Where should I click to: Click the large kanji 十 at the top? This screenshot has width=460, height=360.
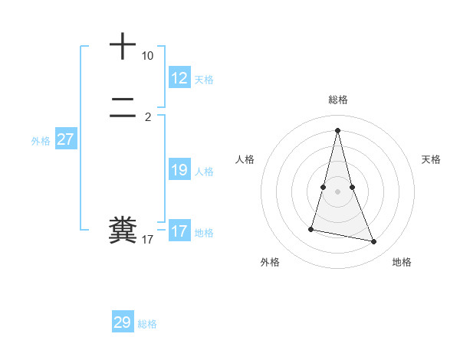pyautogui.click(x=123, y=46)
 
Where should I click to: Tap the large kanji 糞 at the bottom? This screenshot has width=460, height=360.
pyautogui.click(x=123, y=231)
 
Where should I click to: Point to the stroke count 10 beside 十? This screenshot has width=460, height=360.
pyautogui.click(x=147, y=56)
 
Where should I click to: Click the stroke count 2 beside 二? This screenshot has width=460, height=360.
pyautogui.click(x=148, y=117)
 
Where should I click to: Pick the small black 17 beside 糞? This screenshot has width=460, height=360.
pyautogui.click(x=147, y=240)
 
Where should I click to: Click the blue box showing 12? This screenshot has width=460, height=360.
pyautogui.click(x=179, y=78)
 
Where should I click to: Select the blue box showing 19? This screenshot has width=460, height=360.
pyautogui.click(x=179, y=170)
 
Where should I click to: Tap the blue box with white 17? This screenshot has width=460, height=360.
pyautogui.click(x=179, y=231)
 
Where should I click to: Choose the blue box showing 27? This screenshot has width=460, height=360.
pyautogui.click(x=65, y=139)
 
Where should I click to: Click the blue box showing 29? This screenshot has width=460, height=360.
pyautogui.click(x=123, y=322)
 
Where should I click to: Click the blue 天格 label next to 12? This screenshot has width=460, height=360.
pyautogui.click(x=204, y=80)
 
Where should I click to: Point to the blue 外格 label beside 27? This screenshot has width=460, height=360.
pyautogui.click(x=41, y=141)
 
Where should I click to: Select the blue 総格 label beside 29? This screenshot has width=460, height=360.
pyautogui.click(x=147, y=324)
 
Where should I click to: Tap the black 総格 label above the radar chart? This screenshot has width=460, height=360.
pyautogui.click(x=338, y=100)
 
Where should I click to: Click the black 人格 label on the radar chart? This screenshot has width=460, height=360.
pyautogui.click(x=245, y=159)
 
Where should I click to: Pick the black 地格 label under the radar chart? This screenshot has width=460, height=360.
pyautogui.click(x=402, y=262)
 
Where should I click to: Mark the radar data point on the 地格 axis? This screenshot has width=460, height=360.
pyautogui.click(x=374, y=242)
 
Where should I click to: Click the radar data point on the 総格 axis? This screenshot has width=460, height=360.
pyautogui.click(x=338, y=129)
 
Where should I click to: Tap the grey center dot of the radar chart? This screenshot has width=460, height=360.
pyautogui.click(x=338, y=191)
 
